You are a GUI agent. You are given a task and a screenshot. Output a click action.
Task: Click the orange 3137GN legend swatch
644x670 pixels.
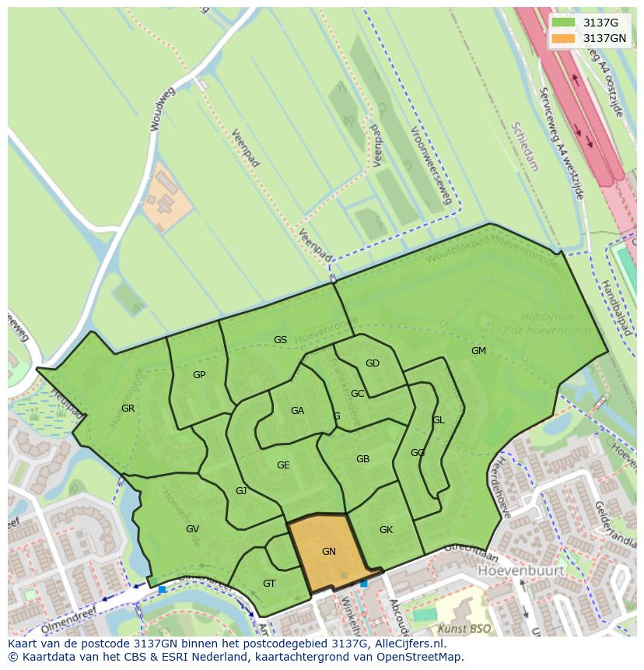point(564,38)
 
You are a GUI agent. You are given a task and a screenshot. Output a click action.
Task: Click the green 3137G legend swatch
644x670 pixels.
point(564,23)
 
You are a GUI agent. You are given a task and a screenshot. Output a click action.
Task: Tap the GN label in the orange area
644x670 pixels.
point(329,552)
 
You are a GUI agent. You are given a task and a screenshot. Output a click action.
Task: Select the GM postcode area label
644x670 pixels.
point(478,351)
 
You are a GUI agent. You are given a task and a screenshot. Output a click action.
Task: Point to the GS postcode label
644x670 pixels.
point(280,340)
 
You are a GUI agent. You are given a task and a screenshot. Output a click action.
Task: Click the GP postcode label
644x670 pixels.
point(199,375)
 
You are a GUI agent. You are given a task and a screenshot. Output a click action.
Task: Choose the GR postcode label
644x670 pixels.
point(128,409)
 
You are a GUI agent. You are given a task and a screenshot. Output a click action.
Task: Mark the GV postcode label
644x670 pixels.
point(193,529)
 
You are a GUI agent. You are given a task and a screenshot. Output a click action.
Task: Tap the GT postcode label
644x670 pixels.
point(269,584)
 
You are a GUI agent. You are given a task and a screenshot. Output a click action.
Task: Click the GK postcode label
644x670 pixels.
point(386,530)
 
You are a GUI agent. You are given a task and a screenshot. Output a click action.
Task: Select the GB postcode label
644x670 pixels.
point(362,459)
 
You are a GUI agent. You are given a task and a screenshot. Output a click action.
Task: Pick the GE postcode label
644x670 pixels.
point(283,465)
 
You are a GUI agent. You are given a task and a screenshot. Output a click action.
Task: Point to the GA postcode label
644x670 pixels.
point(297,411)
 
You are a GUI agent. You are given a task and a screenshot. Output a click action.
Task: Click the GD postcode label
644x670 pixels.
point(373,363)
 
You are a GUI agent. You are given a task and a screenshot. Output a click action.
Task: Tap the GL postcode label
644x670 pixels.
point(439,420)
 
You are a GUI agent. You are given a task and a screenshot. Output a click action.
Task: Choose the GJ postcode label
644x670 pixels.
point(241,491)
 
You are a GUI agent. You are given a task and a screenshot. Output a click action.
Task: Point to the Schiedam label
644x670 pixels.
point(525,146)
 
